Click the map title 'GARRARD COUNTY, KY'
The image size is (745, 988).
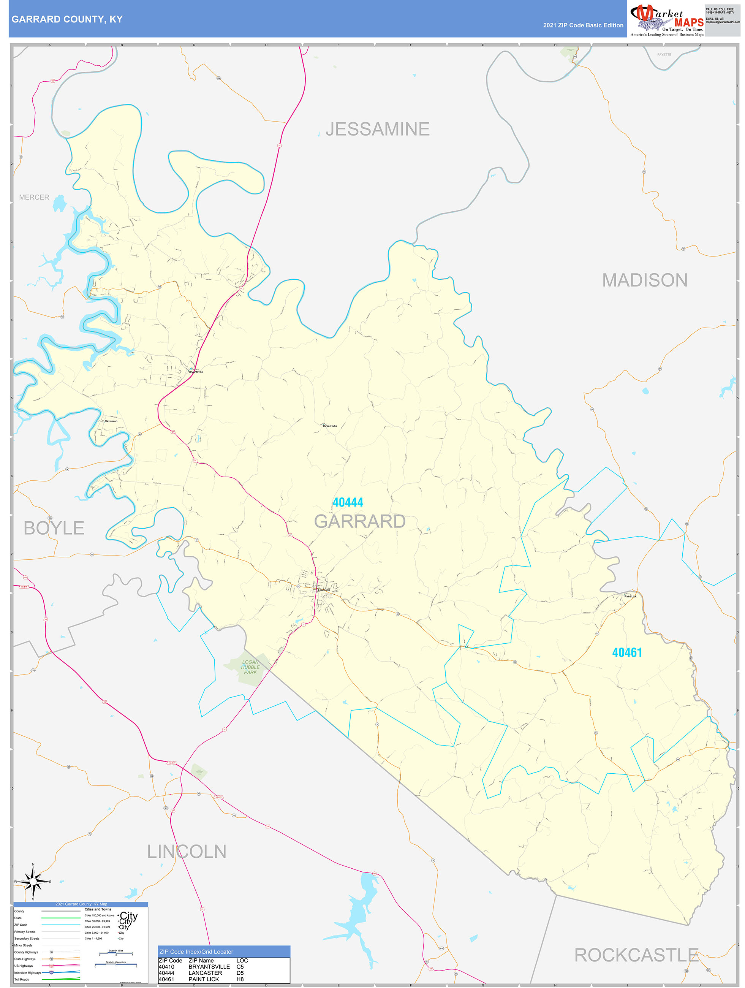(67, 19)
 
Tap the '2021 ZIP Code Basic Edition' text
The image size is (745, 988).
(583, 25)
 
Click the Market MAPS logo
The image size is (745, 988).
(666, 20)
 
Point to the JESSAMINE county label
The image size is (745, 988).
(377, 129)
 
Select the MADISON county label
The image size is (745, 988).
(644, 280)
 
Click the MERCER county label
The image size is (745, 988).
(34, 197)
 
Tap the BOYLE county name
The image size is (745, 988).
(54, 528)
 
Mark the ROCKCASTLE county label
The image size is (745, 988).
(636, 955)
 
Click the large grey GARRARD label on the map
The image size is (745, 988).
(359, 521)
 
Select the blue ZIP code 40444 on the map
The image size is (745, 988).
(348, 502)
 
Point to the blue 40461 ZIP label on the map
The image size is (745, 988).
(627, 652)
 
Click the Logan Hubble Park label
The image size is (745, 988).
(250, 667)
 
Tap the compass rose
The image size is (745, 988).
(33, 881)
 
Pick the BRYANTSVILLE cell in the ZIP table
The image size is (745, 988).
(209, 967)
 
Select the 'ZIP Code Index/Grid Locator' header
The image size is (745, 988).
(196, 952)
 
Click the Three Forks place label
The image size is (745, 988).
(330, 426)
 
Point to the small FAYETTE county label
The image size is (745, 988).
(664, 54)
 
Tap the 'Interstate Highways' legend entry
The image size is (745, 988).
(28, 972)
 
